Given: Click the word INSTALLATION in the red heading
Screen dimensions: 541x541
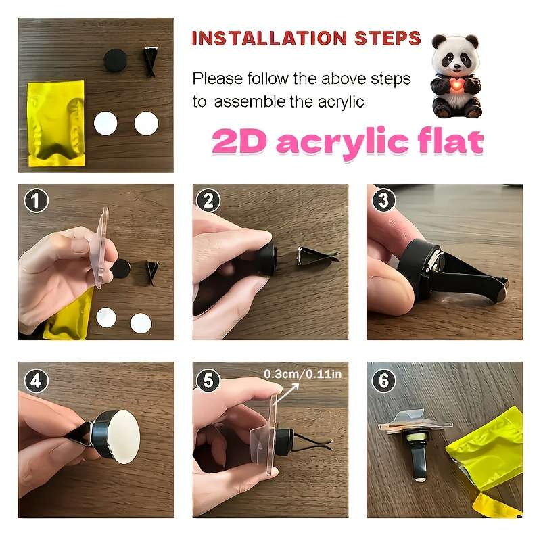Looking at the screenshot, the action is [269, 39].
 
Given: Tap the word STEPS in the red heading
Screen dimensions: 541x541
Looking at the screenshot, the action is [387, 38].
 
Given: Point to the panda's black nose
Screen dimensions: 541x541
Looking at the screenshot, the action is [456, 66].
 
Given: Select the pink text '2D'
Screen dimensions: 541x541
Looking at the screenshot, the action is [240, 141].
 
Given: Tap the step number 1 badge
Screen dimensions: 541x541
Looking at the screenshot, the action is [36, 200].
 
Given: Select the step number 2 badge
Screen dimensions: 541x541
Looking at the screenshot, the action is [208, 200].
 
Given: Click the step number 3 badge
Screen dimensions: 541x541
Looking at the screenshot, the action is [383, 200].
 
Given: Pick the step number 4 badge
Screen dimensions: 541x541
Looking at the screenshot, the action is [36, 381].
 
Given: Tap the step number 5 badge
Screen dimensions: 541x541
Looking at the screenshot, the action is [208, 381].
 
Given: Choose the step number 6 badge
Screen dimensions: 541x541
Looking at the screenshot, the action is [383, 381].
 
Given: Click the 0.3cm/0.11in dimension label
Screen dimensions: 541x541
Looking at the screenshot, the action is [302, 374].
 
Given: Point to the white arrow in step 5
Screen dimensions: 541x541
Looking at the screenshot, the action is [286, 394].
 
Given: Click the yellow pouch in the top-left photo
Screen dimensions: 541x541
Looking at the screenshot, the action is [56, 123].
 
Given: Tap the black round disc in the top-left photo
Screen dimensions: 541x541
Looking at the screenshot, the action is [116, 60].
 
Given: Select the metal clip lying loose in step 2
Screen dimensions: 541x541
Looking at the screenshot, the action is [317, 256].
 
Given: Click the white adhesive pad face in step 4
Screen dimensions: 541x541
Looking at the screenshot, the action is [122, 436].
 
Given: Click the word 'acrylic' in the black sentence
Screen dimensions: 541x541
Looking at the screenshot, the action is [341, 103].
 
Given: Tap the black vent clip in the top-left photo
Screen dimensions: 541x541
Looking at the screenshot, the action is [150, 62].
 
